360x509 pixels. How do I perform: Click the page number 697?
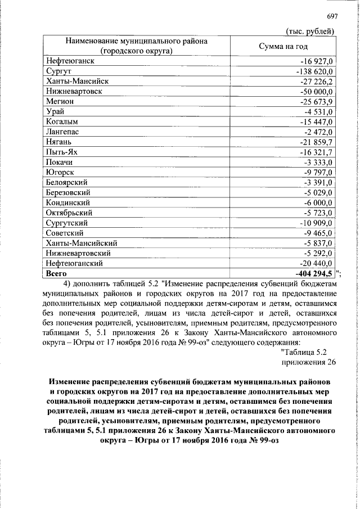click(x=331, y=16)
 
